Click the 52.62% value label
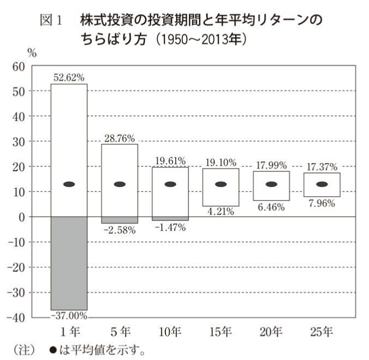(69, 78)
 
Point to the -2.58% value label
(120, 230)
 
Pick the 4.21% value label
(220, 212)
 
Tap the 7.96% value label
(322, 204)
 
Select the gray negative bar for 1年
(69, 263)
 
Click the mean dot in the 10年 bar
(170, 184)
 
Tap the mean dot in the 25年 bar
(322, 184)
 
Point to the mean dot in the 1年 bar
(69, 184)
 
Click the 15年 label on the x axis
(220, 330)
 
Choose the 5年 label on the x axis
(119, 330)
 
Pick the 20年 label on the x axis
(271, 330)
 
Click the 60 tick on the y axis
(19, 67)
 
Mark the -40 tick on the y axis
(16, 318)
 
